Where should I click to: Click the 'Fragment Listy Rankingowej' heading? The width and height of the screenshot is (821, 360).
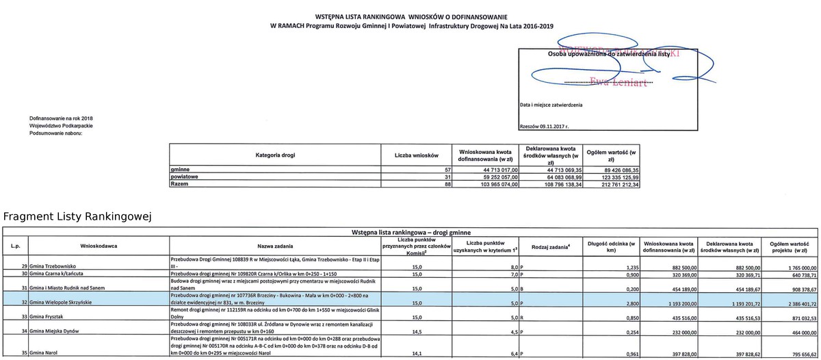(77, 217)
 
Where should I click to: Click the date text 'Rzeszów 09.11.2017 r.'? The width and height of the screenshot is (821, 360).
(545, 127)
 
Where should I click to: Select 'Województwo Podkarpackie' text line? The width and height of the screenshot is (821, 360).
(61, 127)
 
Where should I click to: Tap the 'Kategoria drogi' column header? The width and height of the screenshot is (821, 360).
(275, 155)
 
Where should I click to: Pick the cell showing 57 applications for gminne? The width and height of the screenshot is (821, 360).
(448, 169)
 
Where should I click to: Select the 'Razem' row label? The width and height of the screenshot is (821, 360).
(180, 184)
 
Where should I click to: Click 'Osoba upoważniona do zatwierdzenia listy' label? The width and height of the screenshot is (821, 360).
(608, 53)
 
